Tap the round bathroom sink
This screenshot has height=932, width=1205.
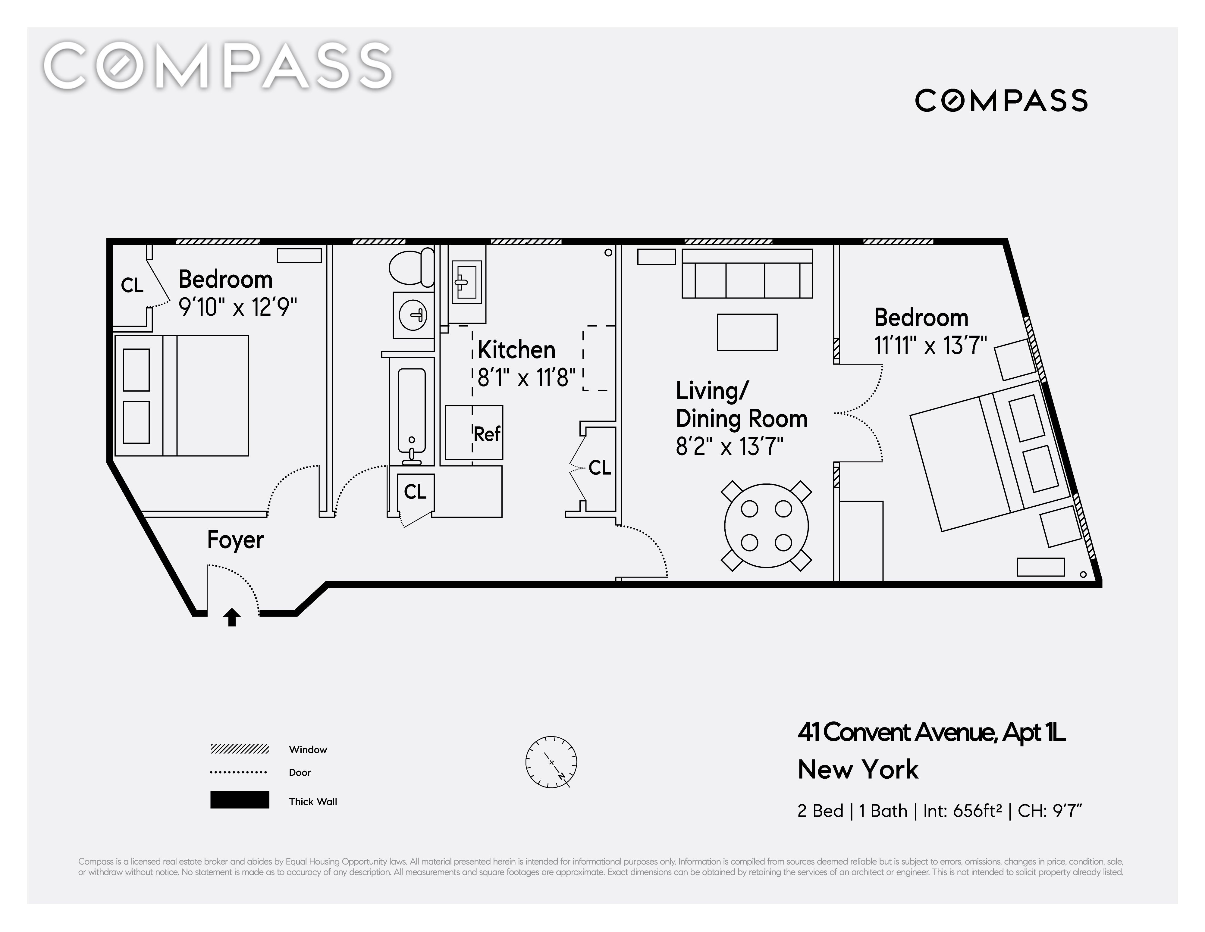coord(413,315)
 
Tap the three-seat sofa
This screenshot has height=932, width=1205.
coord(747,274)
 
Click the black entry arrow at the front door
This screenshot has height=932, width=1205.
coord(232,617)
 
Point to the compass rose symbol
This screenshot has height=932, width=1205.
coord(551,762)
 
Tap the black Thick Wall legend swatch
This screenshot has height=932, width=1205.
coord(240,800)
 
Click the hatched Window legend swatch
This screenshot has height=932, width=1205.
coord(240,749)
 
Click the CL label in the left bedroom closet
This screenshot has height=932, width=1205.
coord(132,285)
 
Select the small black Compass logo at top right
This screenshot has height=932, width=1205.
coord(1001,101)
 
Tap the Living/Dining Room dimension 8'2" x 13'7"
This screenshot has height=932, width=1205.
coord(730,446)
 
